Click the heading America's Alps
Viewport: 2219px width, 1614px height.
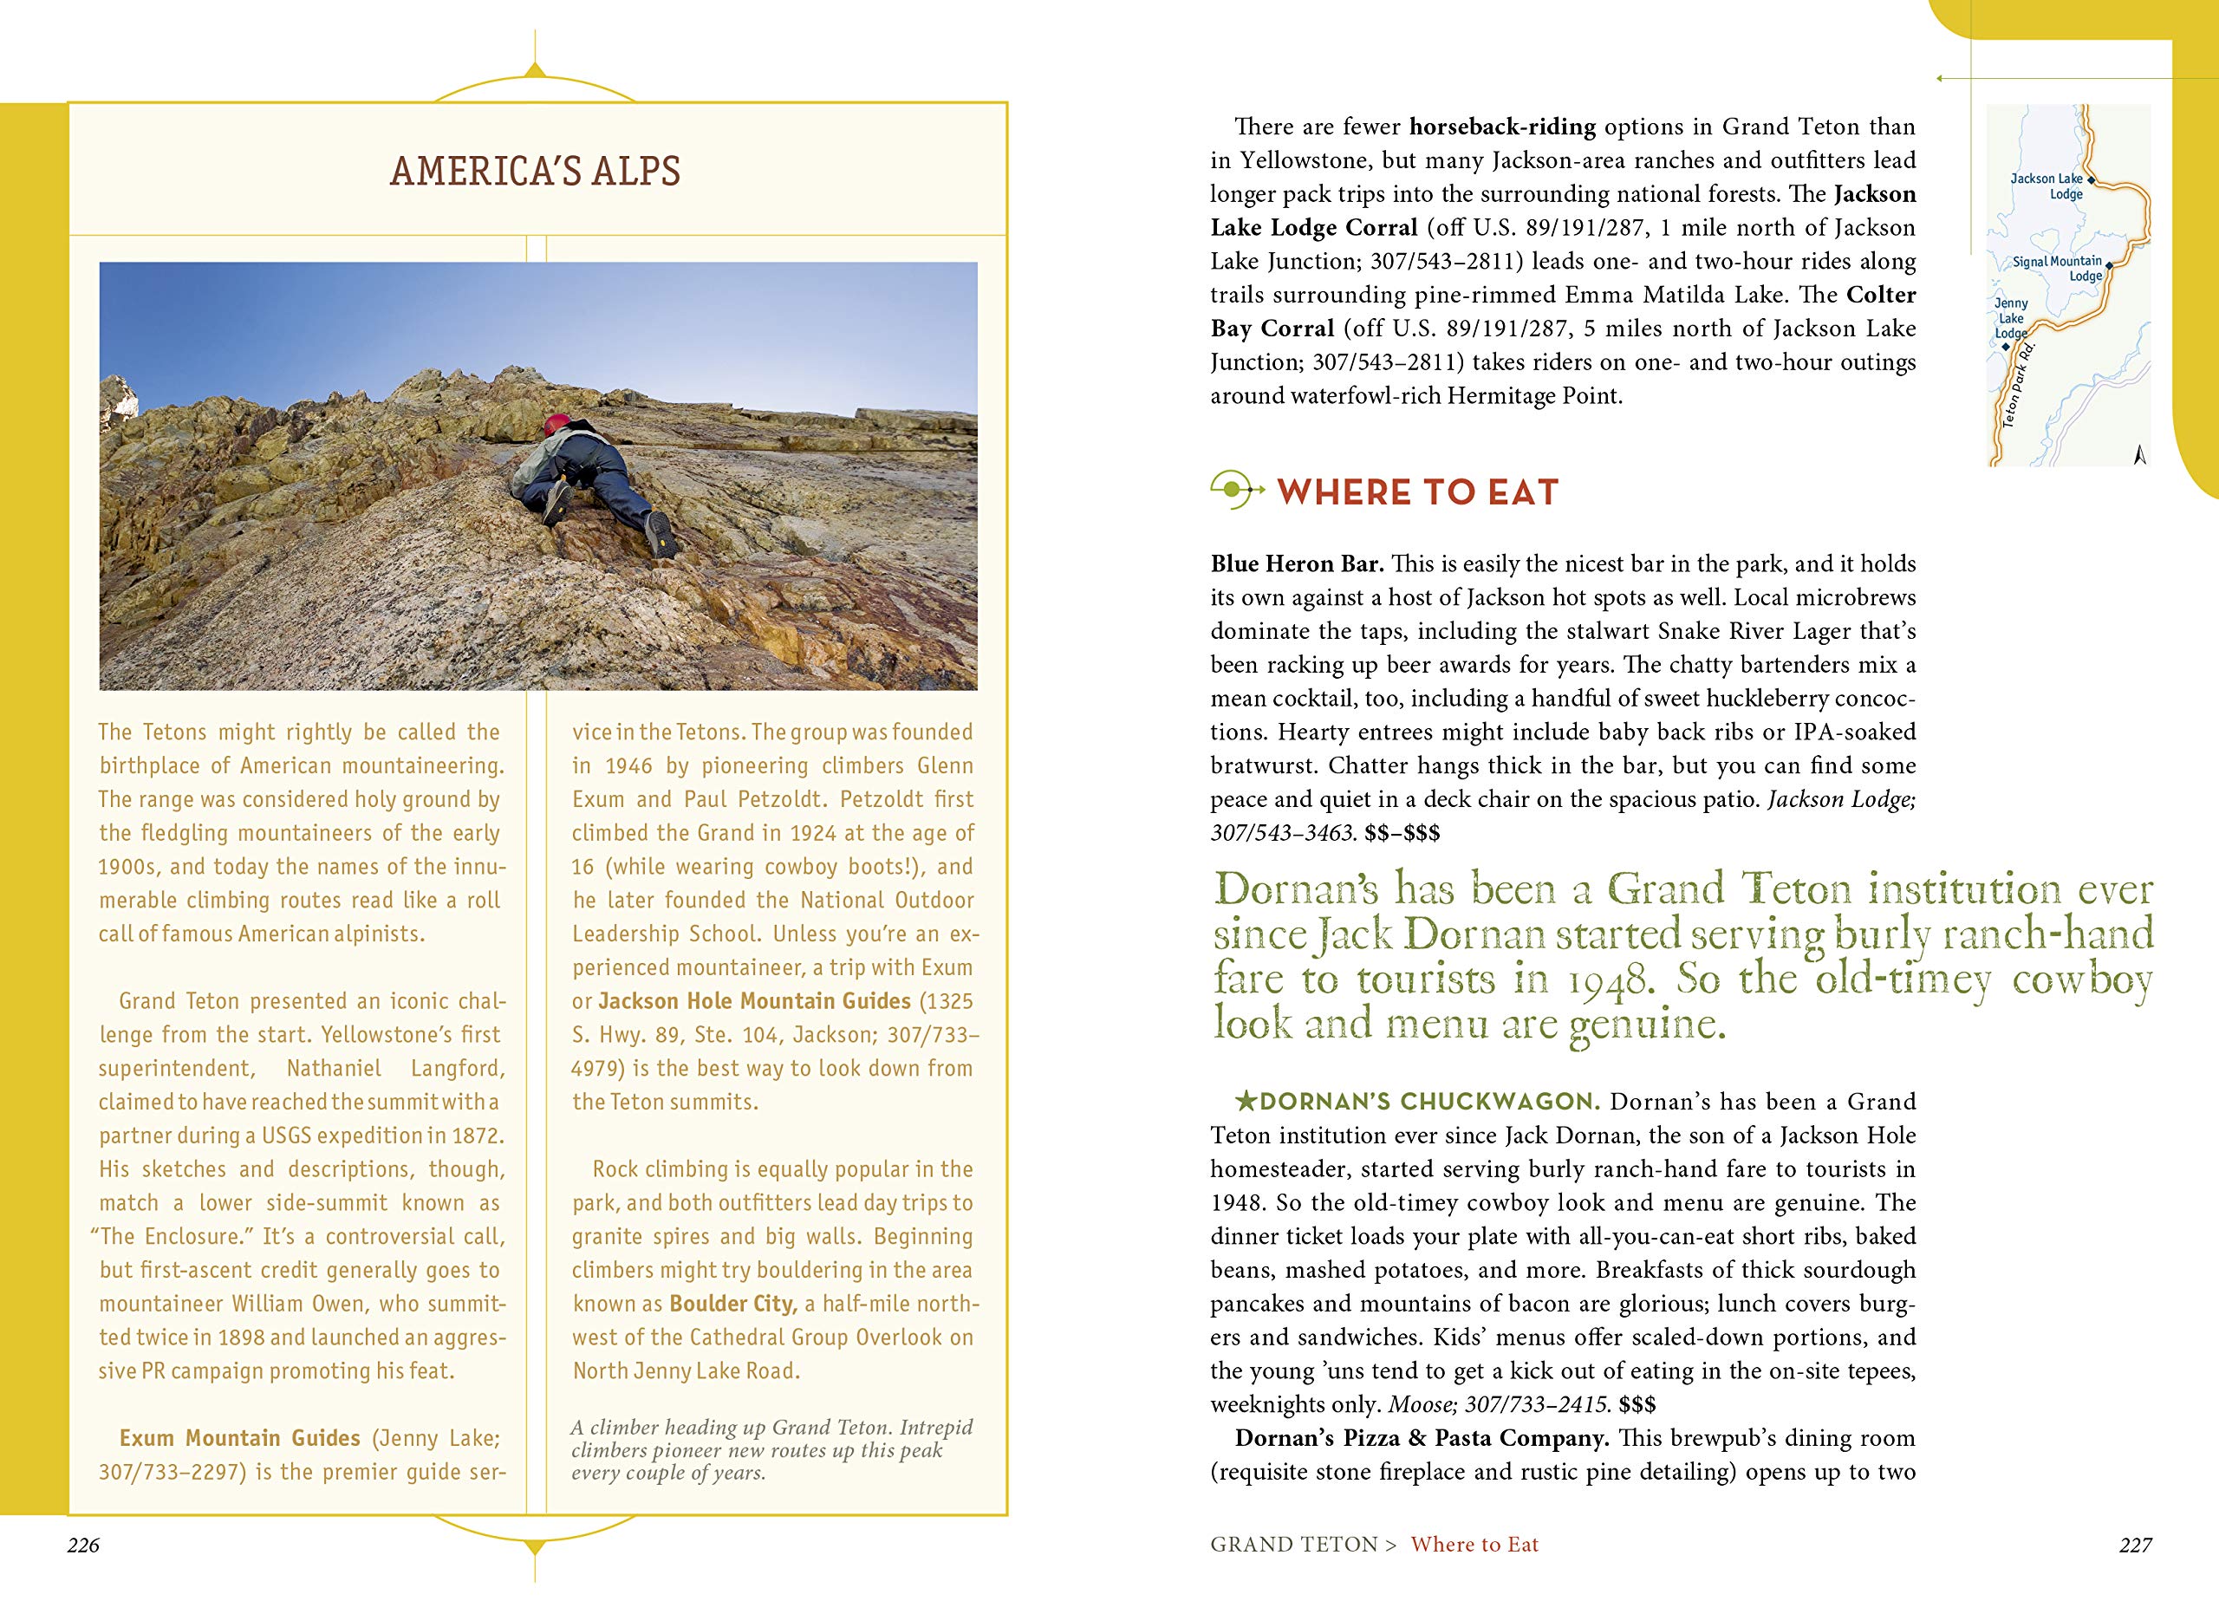click(535, 171)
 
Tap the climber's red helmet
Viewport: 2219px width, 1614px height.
click(556, 424)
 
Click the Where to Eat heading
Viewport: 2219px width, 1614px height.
click(1416, 492)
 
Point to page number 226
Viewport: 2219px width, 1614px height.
click(84, 1545)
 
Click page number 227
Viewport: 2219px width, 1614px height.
click(2136, 1545)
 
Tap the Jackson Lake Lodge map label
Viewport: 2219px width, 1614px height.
click(2046, 185)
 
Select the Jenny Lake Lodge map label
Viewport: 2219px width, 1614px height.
click(2011, 318)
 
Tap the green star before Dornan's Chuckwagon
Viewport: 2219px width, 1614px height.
click(1246, 1103)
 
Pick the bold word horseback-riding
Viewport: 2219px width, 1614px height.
click(1502, 127)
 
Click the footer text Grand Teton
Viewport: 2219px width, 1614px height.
click(1293, 1545)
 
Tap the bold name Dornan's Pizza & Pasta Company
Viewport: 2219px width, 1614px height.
click(1422, 1439)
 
